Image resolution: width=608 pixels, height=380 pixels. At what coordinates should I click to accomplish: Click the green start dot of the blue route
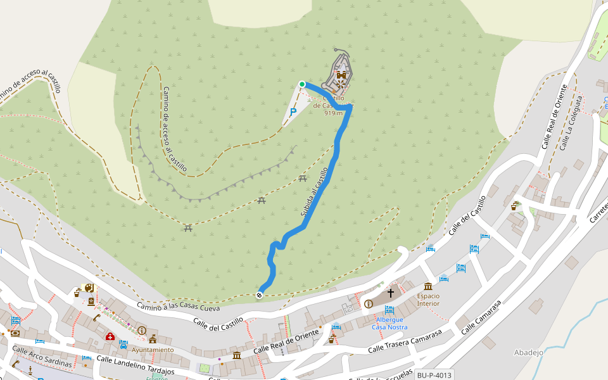pyautogui.click(x=302, y=84)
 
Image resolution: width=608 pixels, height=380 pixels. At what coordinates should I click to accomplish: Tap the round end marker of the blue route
pyautogui.click(x=260, y=295)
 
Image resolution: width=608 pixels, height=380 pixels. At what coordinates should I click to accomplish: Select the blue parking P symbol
pyautogui.click(x=293, y=112)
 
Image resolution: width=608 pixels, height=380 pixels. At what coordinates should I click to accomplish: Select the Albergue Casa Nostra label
pyautogui.click(x=389, y=323)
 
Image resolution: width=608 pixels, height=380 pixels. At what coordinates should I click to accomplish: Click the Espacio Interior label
pyautogui.click(x=428, y=300)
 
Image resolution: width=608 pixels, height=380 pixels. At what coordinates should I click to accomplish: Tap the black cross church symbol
pyautogui.click(x=391, y=293)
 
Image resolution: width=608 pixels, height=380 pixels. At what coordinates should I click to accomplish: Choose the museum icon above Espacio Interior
pyautogui.click(x=428, y=286)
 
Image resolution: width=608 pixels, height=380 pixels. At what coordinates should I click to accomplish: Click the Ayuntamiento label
pyautogui.click(x=153, y=350)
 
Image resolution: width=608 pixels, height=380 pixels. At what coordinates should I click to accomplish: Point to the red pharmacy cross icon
pyautogui.click(x=110, y=336)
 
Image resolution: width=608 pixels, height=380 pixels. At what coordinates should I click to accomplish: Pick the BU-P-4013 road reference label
pyautogui.click(x=434, y=375)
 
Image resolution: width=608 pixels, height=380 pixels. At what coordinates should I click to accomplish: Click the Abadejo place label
pyautogui.click(x=529, y=353)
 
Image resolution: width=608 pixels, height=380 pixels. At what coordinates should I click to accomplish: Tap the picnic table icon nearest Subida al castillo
pyautogui.click(x=303, y=179)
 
